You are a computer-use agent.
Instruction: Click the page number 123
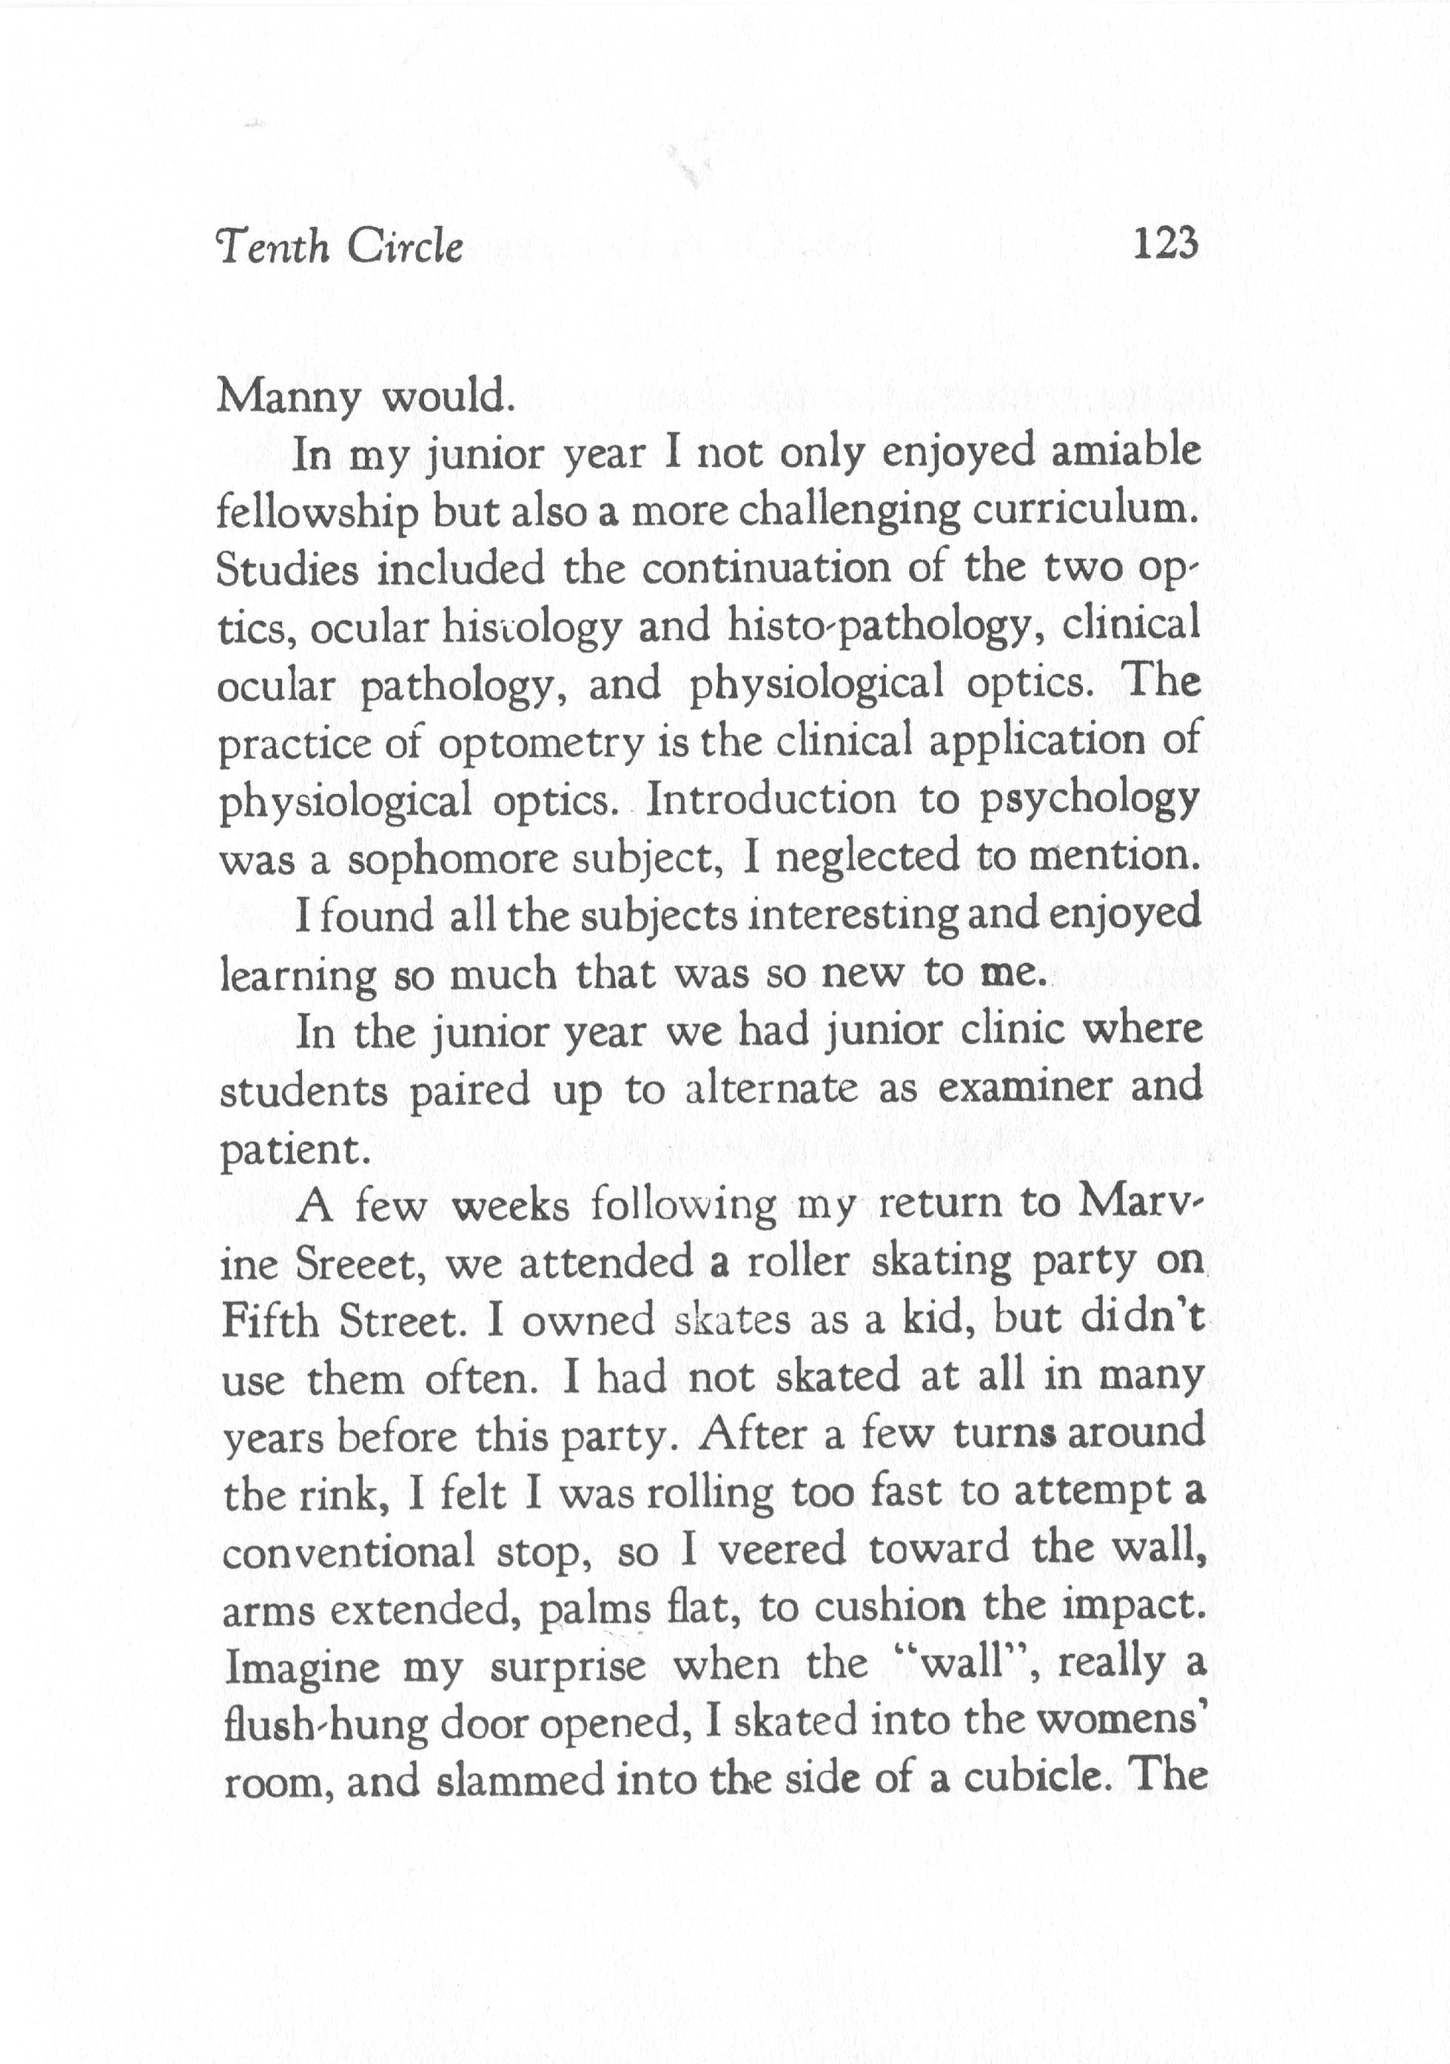pyautogui.click(x=1166, y=244)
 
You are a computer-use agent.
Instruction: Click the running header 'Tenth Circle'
pyautogui.click(x=340, y=247)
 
